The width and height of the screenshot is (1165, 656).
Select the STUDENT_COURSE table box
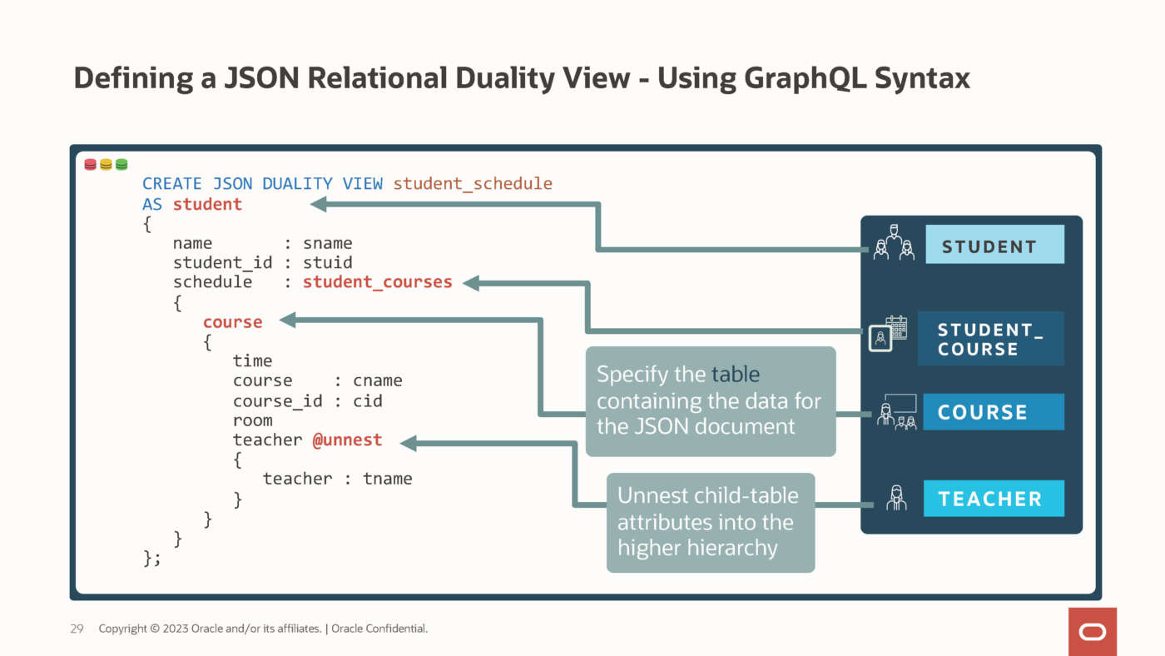[990, 339]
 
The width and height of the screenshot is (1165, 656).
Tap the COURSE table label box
[993, 412]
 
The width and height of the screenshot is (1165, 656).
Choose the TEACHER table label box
[993, 499]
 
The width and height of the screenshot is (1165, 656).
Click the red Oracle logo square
[1093, 632]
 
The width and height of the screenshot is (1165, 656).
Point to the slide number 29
[77, 629]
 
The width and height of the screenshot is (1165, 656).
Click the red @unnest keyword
[347, 440]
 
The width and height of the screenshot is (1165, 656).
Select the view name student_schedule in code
[473, 183]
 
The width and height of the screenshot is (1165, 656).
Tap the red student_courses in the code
[377, 282]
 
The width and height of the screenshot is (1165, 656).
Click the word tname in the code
[388, 479]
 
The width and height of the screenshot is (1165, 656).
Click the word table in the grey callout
[736, 375]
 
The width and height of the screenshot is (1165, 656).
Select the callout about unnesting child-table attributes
[710, 522]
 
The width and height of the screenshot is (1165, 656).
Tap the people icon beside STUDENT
[893, 243]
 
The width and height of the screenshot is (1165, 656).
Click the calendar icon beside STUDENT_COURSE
[887, 333]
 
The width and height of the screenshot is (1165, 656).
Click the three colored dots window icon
[106, 165]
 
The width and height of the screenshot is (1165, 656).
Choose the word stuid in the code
[328, 262]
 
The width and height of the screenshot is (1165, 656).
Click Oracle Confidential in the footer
[379, 629]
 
